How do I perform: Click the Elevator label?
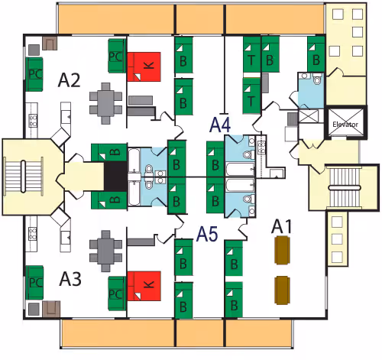[345, 125]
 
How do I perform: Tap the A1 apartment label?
[281, 226]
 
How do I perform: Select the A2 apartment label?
[69, 80]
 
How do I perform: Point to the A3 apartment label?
[70, 279]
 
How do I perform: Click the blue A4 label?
[220, 125]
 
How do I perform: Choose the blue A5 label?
[207, 234]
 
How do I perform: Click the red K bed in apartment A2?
[144, 66]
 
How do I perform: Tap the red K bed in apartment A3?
[144, 286]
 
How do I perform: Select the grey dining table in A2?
[105, 103]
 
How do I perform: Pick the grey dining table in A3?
[105, 251]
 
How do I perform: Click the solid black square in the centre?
[116, 176]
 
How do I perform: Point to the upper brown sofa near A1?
[282, 250]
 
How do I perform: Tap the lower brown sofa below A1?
[282, 290]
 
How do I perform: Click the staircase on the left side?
[23, 177]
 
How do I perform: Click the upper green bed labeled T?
[251, 54]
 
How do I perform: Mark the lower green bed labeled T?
[251, 96]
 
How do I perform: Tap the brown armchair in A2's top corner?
[50, 44]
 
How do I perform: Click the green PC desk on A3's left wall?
[34, 283]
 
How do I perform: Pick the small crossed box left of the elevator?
[309, 116]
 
